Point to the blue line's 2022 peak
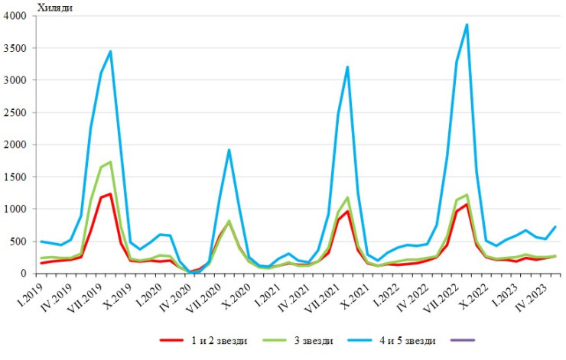click(467, 24)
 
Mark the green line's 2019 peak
click(111, 162)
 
